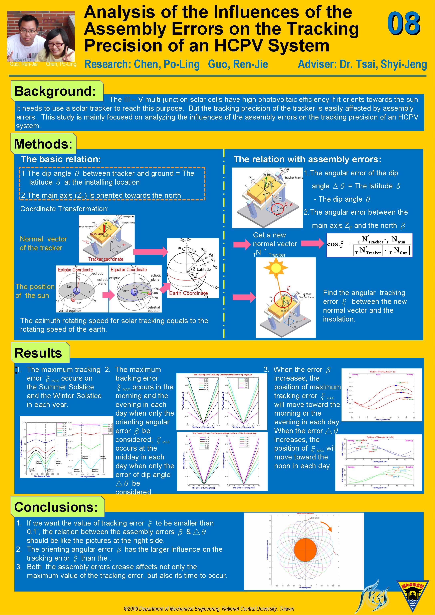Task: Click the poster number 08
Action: [x=404, y=24]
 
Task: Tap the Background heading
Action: [x=55, y=91]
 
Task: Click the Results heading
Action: [x=38, y=353]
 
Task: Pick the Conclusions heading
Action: [x=56, y=507]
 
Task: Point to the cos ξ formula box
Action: [x=369, y=245]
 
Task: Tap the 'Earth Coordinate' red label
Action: [x=188, y=293]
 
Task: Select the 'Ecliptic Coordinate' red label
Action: [x=75, y=270]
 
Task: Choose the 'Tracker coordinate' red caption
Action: [x=106, y=259]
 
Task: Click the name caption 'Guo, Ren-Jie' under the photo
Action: [x=24, y=64]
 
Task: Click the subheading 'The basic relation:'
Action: [x=61, y=159]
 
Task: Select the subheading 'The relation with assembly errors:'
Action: [x=307, y=159]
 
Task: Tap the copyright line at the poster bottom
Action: [x=209, y=609]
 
